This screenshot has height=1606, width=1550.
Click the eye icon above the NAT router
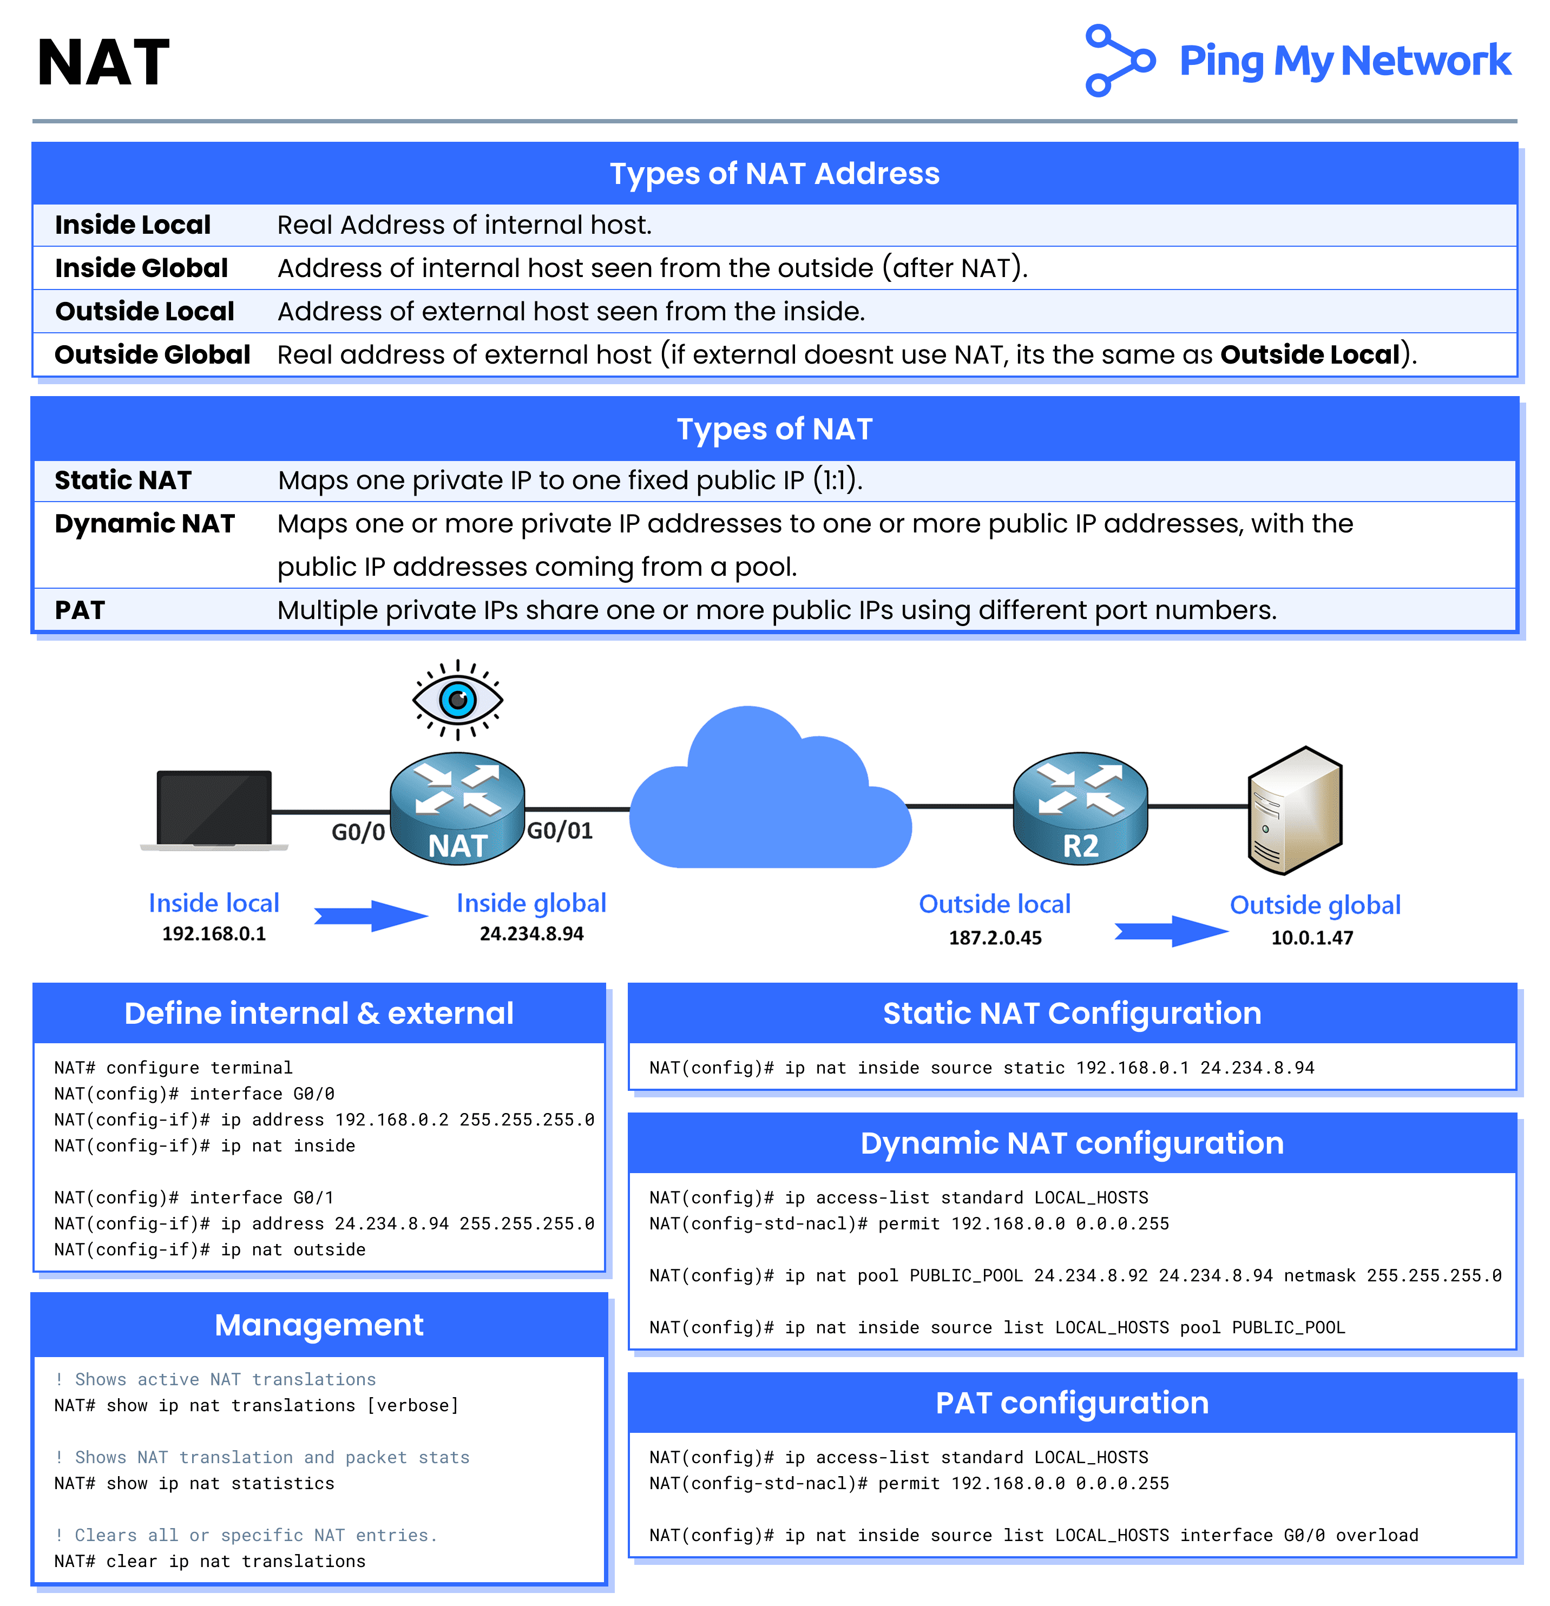[x=457, y=700]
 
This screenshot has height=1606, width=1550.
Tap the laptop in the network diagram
[x=214, y=809]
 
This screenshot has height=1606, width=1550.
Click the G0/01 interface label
[x=560, y=831]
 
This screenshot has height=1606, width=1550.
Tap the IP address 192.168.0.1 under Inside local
[x=214, y=934]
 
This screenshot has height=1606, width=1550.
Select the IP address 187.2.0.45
[x=995, y=938]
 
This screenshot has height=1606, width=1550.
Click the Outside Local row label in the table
[x=145, y=311]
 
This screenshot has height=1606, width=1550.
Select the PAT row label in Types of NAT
[x=80, y=610]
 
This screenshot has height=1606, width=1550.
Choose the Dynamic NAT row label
[x=145, y=524]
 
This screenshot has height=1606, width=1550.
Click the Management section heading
[x=319, y=1325]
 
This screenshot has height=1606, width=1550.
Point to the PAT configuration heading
[x=1072, y=1403]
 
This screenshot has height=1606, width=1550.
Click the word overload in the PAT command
[x=1376, y=1536]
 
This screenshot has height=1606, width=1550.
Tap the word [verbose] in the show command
[x=412, y=1406]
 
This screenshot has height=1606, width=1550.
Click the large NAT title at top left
[x=103, y=63]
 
